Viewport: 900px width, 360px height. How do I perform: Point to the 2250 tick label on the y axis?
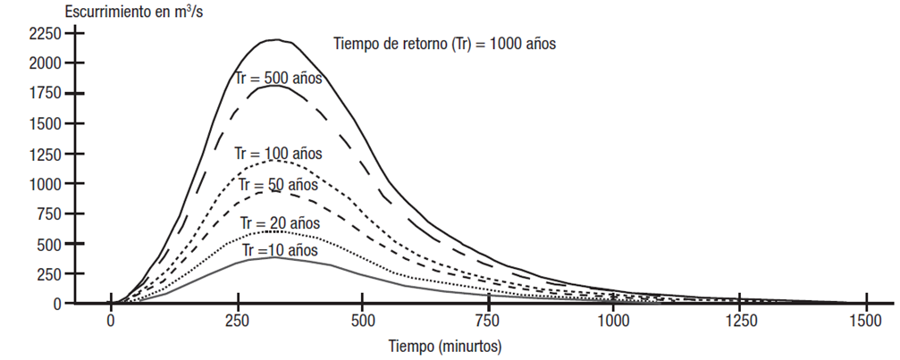45,34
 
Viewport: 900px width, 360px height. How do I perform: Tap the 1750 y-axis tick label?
45,94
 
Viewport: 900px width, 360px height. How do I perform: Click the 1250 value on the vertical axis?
45,154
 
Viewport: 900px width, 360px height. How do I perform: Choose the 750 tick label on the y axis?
48,214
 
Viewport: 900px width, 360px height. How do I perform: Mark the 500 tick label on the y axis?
48,244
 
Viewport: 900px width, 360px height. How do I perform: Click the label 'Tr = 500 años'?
278,78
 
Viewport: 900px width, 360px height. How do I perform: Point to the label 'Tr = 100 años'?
278,154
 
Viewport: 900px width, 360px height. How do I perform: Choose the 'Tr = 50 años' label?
278,185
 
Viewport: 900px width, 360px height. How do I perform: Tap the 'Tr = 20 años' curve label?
278,222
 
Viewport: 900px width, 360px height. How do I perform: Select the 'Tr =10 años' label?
278,249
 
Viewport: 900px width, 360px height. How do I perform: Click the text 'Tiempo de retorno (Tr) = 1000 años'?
444,43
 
